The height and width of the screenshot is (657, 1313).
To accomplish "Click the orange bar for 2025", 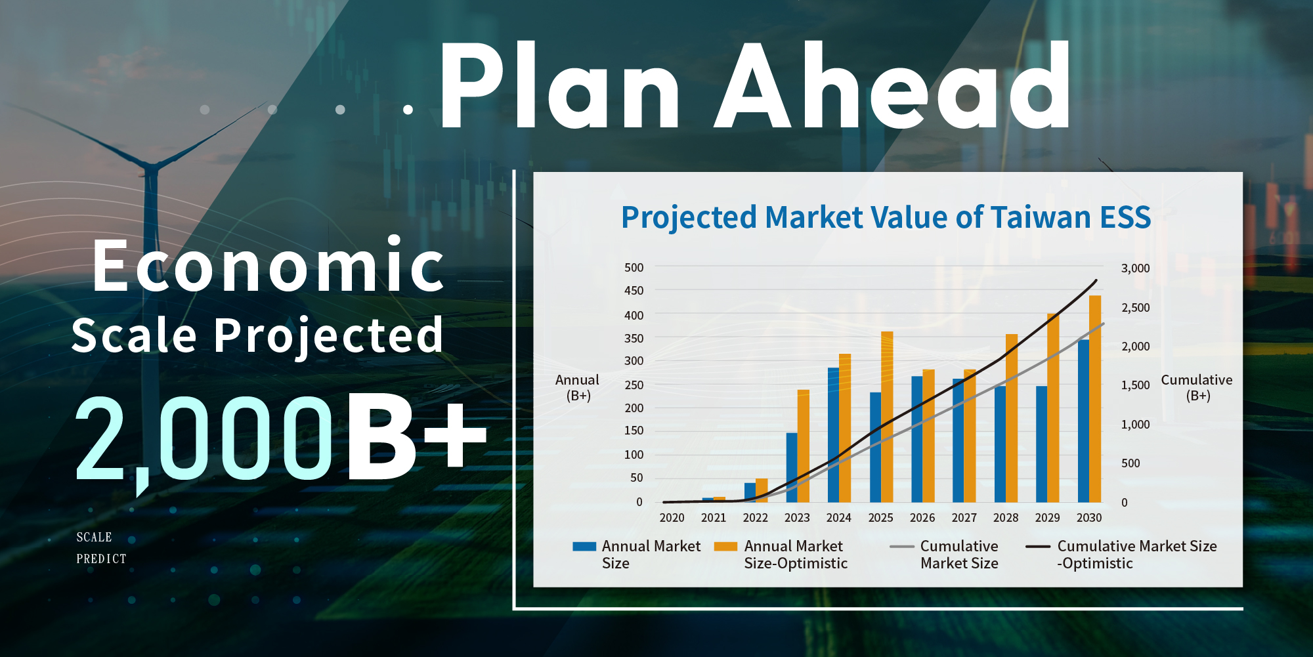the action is pyautogui.click(x=887, y=417).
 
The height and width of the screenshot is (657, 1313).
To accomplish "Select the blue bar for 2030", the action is pyautogui.click(x=1083, y=421).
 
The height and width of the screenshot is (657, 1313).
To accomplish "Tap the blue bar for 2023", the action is pyautogui.click(x=792, y=467).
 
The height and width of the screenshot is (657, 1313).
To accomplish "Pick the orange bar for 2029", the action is pyautogui.click(x=1053, y=408).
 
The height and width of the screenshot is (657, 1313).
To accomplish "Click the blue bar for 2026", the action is pyautogui.click(x=916, y=439).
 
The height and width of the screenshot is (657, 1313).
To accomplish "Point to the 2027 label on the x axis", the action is pyautogui.click(x=964, y=518).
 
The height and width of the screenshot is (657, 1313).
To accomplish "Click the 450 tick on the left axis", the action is pyautogui.click(x=634, y=290).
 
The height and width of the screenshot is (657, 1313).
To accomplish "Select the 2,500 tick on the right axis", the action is pyautogui.click(x=1136, y=307).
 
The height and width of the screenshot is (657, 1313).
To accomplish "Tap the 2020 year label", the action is pyautogui.click(x=672, y=518).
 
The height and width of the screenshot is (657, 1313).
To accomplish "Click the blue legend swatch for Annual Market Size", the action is pyautogui.click(x=584, y=546).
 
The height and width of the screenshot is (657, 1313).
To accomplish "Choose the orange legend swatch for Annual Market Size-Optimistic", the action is pyautogui.click(x=725, y=546).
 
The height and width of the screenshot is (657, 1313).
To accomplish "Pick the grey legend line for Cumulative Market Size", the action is pyautogui.click(x=902, y=546).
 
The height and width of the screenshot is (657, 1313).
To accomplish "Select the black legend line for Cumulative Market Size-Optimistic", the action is pyautogui.click(x=1038, y=546).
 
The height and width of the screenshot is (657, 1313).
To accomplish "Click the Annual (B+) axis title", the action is pyautogui.click(x=577, y=387).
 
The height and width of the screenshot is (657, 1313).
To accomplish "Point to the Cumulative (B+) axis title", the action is pyautogui.click(x=1197, y=387).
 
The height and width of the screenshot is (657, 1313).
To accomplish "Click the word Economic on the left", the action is pyautogui.click(x=268, y=265).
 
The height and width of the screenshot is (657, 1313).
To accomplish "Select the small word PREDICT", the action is pyautogui.click(x=101, y=559).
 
